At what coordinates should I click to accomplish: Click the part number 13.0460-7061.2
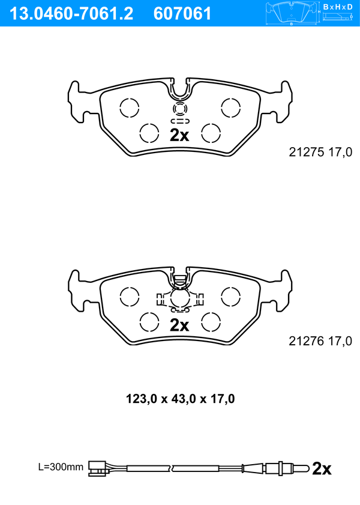(71, 14)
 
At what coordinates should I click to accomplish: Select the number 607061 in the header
(182, 14)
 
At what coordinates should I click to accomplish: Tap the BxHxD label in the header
(338, 7)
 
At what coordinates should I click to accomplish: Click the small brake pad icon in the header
(292, 13)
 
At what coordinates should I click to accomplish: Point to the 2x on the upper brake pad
(179, 136)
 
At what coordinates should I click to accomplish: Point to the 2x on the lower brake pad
(179, 325)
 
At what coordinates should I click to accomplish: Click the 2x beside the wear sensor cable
(322, 468)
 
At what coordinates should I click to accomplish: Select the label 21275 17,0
(320, 152)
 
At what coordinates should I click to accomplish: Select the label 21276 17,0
(320, 341)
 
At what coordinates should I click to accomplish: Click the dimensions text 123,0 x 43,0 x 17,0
(180, 399)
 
